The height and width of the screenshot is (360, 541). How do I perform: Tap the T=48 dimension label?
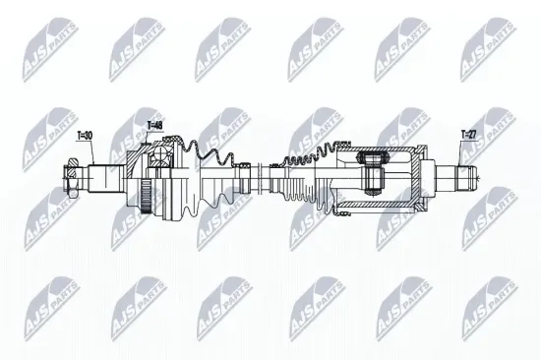coord(155,125)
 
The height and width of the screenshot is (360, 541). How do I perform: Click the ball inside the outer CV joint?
coord(160,163)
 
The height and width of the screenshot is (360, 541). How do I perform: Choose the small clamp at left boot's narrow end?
coord(240,177)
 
